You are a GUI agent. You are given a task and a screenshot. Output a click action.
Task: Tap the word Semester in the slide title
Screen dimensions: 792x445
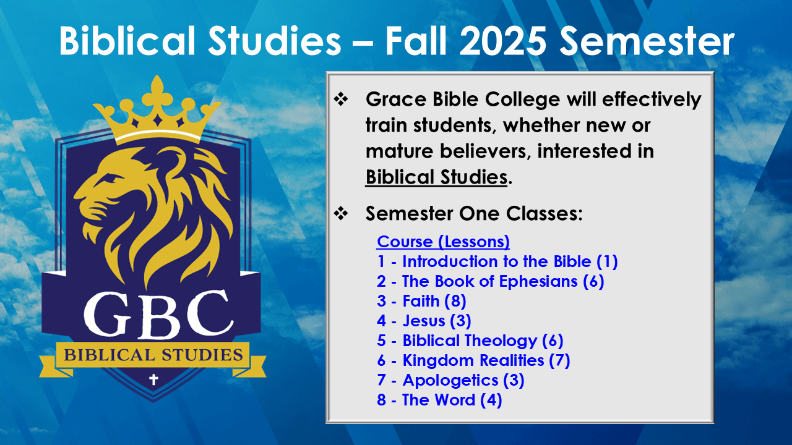pos(647,41)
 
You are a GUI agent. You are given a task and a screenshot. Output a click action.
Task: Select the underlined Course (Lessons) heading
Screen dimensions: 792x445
pos(443,242)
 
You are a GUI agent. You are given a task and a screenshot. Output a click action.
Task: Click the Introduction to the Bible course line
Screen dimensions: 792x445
pos(497,261)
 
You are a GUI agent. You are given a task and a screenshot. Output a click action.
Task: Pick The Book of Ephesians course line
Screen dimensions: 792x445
pos(491,281)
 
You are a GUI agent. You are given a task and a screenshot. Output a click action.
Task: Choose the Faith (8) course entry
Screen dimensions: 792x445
pos(421,301)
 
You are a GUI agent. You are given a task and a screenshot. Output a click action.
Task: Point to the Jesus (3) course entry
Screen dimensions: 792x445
pos(424,321)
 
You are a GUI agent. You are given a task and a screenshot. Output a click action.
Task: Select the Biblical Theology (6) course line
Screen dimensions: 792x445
pos(470,341)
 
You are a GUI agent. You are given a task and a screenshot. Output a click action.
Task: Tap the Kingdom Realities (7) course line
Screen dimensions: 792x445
pos(473,360)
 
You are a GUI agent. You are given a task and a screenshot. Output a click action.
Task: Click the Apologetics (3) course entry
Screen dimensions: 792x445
pos(450,380)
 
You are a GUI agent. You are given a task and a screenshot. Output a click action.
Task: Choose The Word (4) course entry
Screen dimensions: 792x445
pos(439,400)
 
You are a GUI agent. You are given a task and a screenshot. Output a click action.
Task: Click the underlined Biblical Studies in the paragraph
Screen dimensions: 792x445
pos(436,177)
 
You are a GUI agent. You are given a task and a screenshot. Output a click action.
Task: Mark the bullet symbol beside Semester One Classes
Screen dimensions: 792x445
pos(341,213)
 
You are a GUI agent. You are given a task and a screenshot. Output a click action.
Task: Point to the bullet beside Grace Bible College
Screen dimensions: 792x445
pos(341,100)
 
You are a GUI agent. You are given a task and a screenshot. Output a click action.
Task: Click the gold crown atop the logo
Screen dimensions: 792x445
pos(157,109)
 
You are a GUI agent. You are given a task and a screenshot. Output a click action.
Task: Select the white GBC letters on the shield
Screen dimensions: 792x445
pos(158,314)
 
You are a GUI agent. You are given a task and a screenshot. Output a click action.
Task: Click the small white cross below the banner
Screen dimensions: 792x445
pos(153,379)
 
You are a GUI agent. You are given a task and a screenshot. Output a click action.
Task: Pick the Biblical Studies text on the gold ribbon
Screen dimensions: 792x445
pos(153,355)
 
